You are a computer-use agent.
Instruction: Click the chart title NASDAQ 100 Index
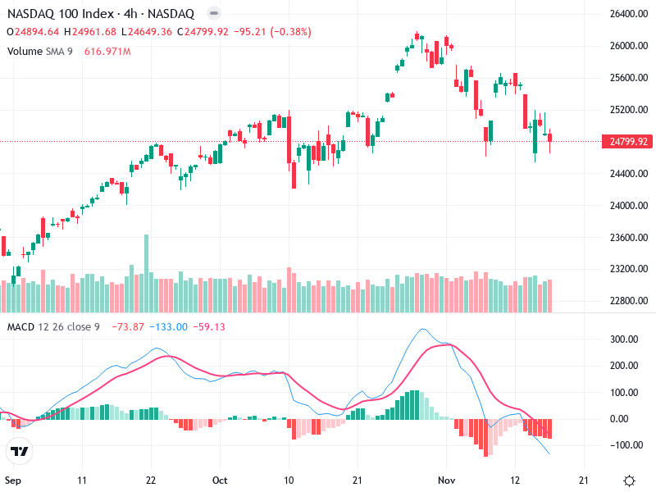pyautogui.click(x=57, y=14)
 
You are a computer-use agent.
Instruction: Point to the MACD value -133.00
pyautogui.click(x=171, y=327)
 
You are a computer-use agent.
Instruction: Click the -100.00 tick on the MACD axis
pyautogui.click(x=626, y=445)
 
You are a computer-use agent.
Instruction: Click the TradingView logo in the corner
pyautogui.click(x=19, y=451)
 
